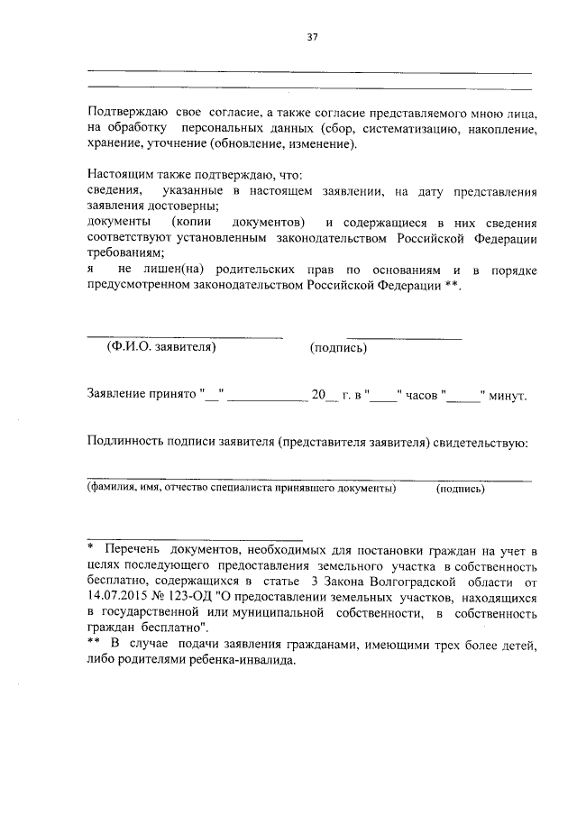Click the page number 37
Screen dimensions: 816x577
[x=312, y=37]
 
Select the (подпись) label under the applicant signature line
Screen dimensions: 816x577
[x=338, y=349]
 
